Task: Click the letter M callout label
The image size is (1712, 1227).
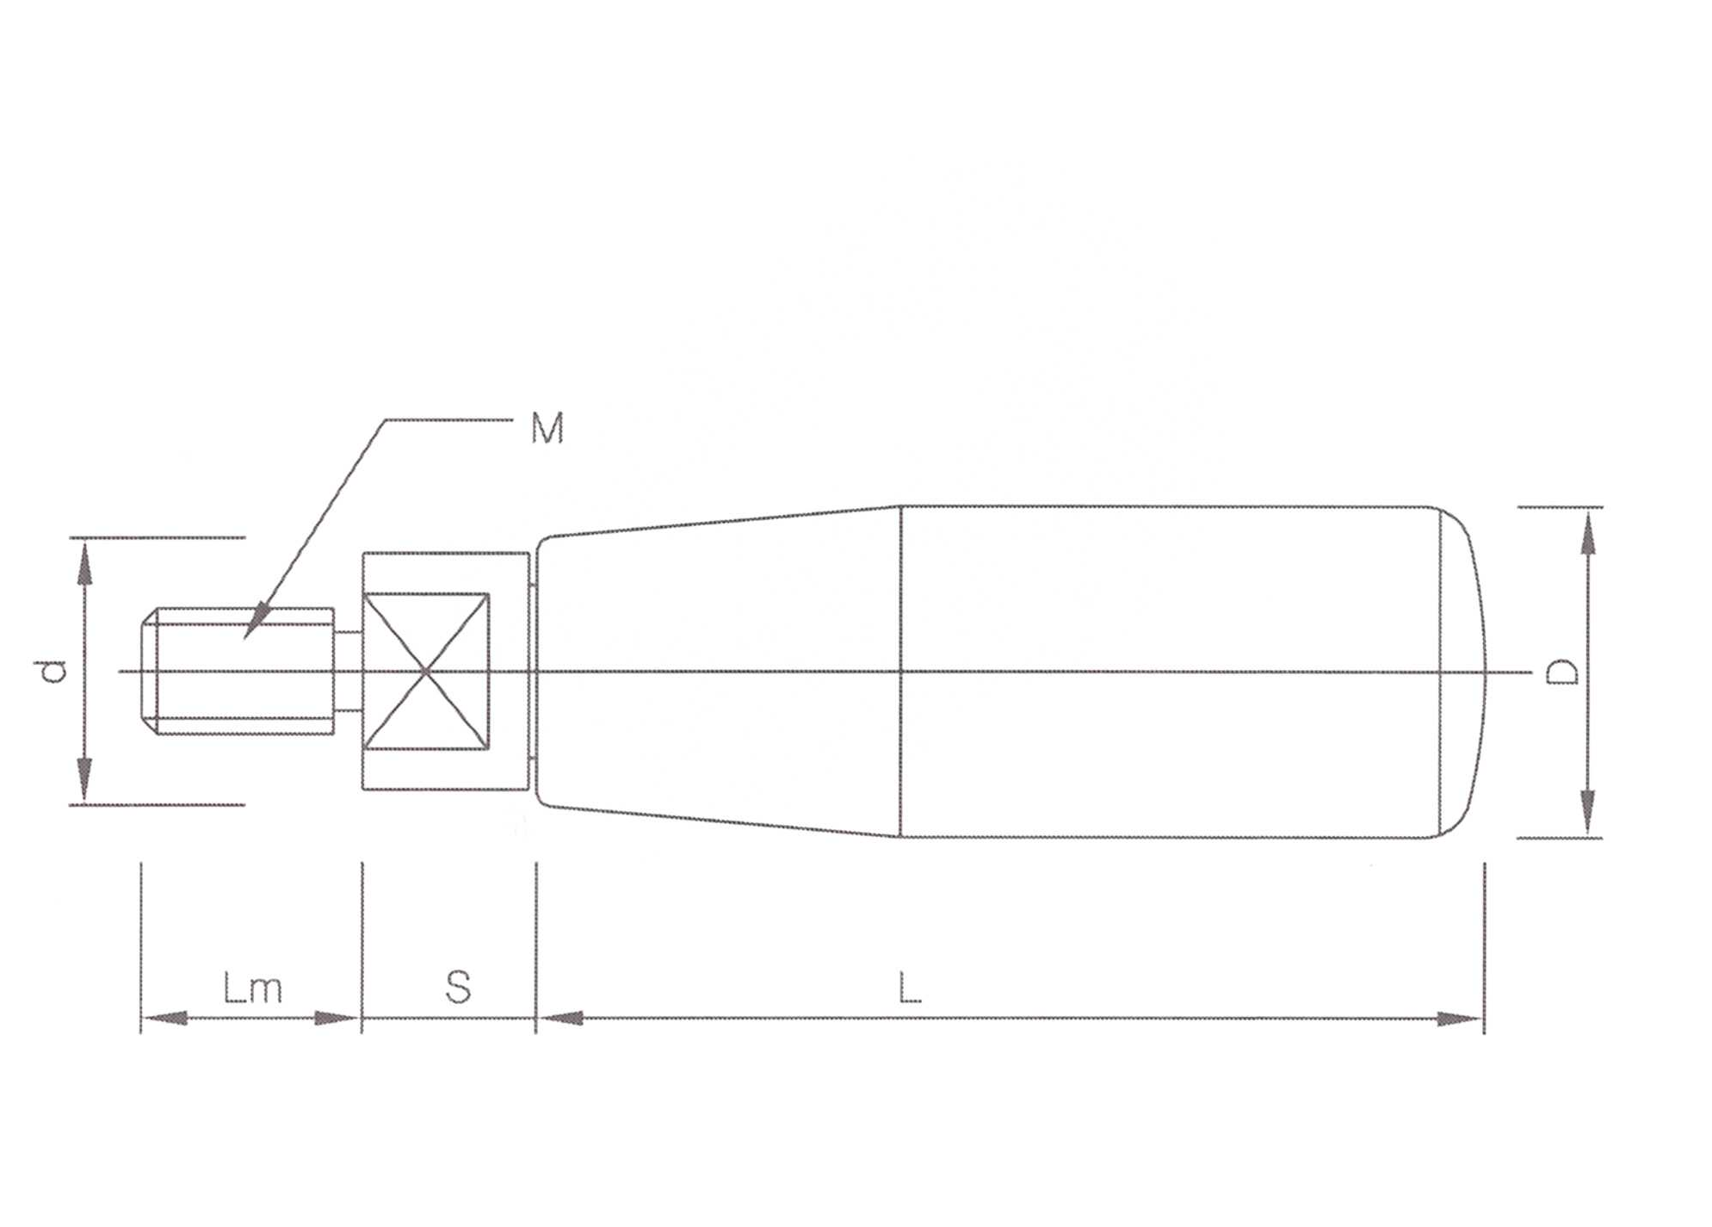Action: click(x=547, y=428)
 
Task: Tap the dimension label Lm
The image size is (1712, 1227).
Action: click(x=252, y=988)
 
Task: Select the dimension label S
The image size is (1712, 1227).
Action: click(x=458, y=987)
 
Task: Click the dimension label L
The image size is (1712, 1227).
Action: click(x=910, y=987)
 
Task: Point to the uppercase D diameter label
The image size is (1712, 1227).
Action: click(x=1563, y=672)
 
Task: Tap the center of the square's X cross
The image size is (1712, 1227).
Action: click(x=425, y=671)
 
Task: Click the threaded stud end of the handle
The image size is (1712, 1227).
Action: click(x=238, y=671)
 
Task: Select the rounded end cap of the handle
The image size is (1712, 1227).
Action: click(x=1463, y=672)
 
